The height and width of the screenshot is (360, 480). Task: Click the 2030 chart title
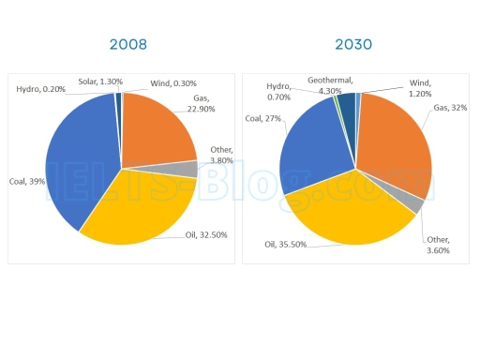point(355,44)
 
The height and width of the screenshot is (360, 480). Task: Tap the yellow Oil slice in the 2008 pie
point(141,206)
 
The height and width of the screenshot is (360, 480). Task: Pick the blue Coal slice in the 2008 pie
point(80,159)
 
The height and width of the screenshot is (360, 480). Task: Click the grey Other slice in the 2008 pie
point(191,170)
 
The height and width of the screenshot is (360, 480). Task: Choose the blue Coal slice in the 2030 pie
point(309,150)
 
